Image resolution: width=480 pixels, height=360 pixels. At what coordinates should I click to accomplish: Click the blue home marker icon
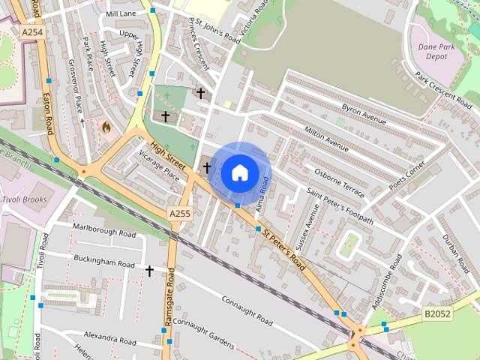coord(239,172)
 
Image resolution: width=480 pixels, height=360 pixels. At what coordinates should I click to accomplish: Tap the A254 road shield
coord(31,33)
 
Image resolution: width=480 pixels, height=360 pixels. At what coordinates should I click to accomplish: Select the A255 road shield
coord(179,214)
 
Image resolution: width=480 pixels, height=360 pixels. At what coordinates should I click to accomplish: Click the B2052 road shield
coord(436,314)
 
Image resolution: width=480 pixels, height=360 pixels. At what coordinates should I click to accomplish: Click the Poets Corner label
coord(407,174)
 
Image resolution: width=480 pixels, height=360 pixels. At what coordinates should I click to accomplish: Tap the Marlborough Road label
coord(104,229)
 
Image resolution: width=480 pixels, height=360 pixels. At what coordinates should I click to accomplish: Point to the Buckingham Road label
coord(104,261)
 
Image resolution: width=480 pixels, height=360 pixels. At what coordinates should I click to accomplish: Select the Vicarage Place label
coord(160,164)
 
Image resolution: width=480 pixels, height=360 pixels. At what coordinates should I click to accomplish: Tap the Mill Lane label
coord(121,14)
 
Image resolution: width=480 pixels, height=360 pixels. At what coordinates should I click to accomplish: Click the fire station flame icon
coord(106,127)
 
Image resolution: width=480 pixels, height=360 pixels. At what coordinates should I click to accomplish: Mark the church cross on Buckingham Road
coord(150,270)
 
